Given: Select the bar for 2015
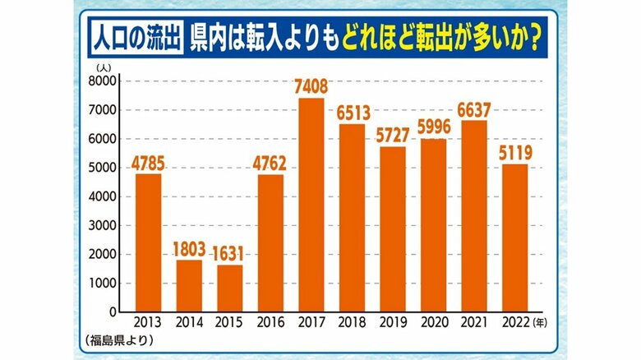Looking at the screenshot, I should click(231, 288).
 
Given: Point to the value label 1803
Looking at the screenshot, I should click(188, 247).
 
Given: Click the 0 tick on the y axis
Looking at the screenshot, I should click(113, 312).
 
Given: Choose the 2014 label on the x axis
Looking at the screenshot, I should click(188, 323).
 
